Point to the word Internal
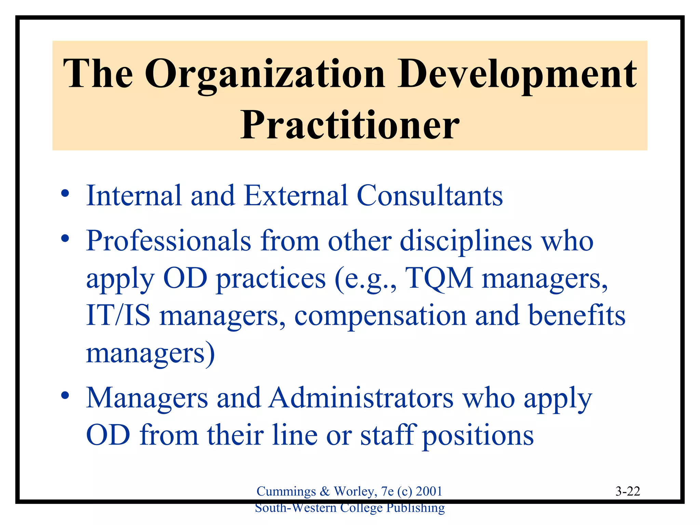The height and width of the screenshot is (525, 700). tap(134, 196)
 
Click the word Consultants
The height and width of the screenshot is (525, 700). tap(430, 196)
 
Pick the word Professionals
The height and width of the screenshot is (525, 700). tap(169, 241)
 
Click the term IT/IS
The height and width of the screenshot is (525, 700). tap(118, 315)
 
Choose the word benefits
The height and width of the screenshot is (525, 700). tap(577, 315)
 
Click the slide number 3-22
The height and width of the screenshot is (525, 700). tap(628, 491)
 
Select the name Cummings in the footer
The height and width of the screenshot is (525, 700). tap(286, 492)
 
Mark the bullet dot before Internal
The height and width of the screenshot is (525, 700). tap(65, 194)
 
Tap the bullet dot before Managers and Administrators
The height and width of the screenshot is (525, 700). tap(65, 396)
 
